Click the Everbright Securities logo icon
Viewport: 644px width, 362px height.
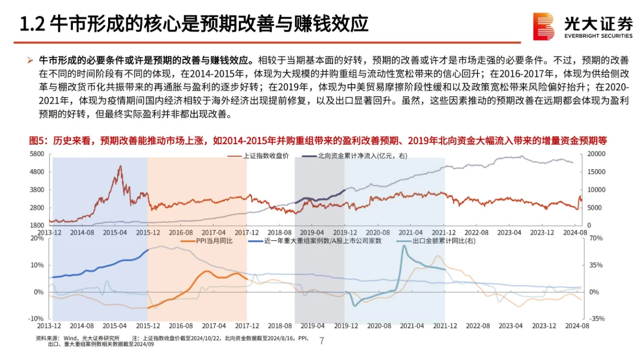point(543,26)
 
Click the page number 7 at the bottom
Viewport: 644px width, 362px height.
point(322,341)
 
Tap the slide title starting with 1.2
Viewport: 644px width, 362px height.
point(193,24)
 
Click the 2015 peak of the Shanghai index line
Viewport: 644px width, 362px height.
point(120,166)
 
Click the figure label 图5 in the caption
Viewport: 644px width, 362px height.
point(37,141)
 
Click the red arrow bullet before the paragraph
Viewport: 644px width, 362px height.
point(30,61)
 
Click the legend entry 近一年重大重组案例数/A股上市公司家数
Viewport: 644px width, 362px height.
point(322,241)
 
